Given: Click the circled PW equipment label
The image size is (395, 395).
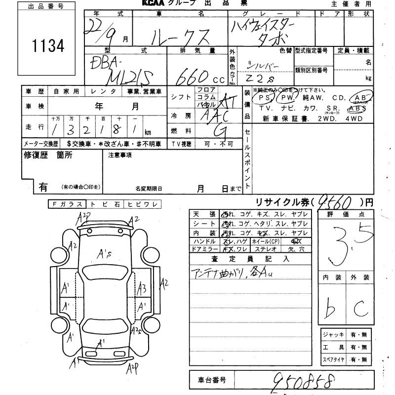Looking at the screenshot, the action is (287, 98).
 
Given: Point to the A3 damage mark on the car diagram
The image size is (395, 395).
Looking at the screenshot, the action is (142, 287).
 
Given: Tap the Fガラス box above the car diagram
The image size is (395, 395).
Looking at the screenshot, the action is (67, 204).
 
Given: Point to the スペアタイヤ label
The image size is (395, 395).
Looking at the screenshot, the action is (334, 360).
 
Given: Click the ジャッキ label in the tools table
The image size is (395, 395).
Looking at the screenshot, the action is (334, 335).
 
